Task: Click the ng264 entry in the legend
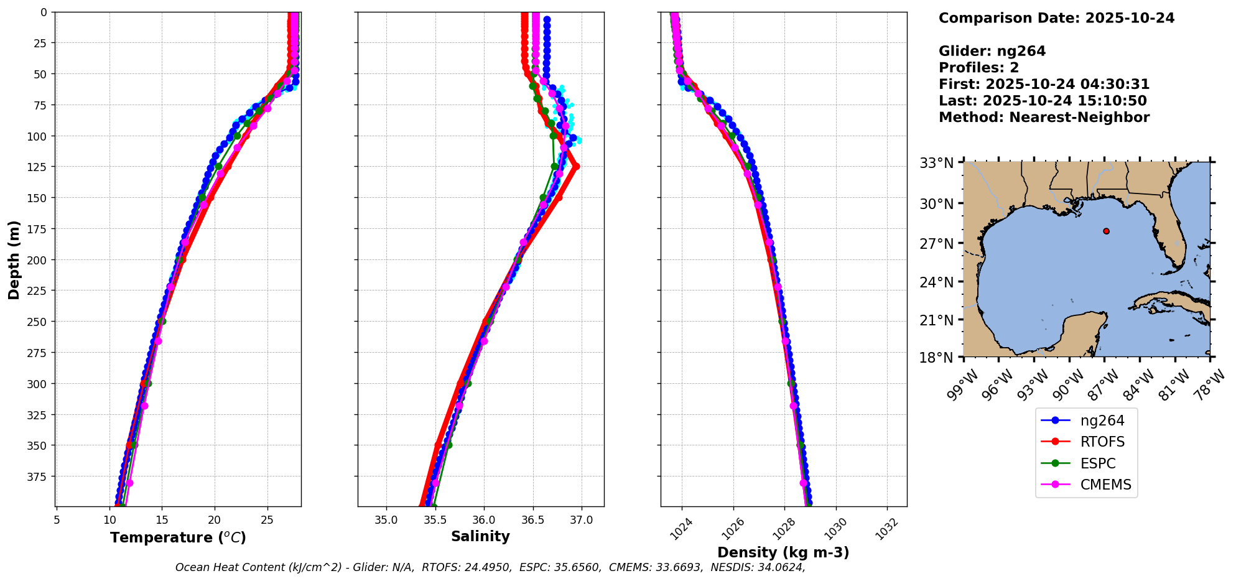1102,421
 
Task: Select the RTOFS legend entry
1102,442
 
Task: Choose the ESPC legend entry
1097,463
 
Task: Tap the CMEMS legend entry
1105,485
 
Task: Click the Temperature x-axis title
178,537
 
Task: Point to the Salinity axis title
480,536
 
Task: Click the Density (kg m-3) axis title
783,552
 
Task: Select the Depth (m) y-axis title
14,259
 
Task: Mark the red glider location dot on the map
1106,231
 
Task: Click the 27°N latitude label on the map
937,244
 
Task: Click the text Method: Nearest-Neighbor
1044,118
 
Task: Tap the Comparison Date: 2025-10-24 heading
1056,18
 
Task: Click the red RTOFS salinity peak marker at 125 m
576,166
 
